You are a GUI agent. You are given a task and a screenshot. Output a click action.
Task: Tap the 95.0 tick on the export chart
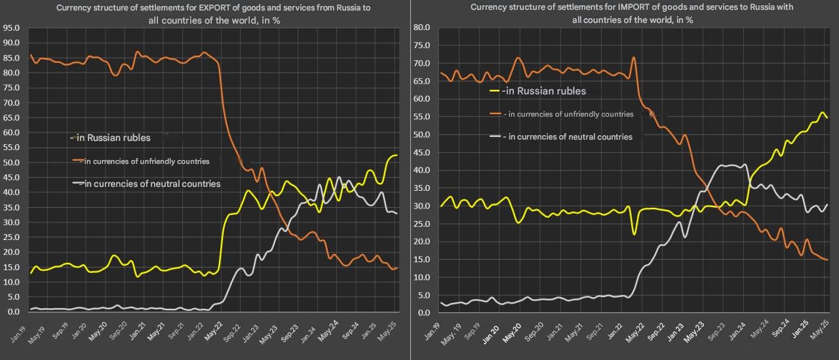(11, 28)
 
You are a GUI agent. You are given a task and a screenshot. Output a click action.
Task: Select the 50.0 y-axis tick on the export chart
(11, 163)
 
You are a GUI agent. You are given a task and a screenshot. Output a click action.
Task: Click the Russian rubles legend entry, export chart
(111, 138)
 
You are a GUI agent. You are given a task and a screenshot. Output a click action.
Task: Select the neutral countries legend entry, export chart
(147, 184)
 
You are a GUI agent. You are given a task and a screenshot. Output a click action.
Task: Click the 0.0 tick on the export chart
(13, 311)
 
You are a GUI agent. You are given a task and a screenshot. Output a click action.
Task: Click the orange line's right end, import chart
(828, 260)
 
